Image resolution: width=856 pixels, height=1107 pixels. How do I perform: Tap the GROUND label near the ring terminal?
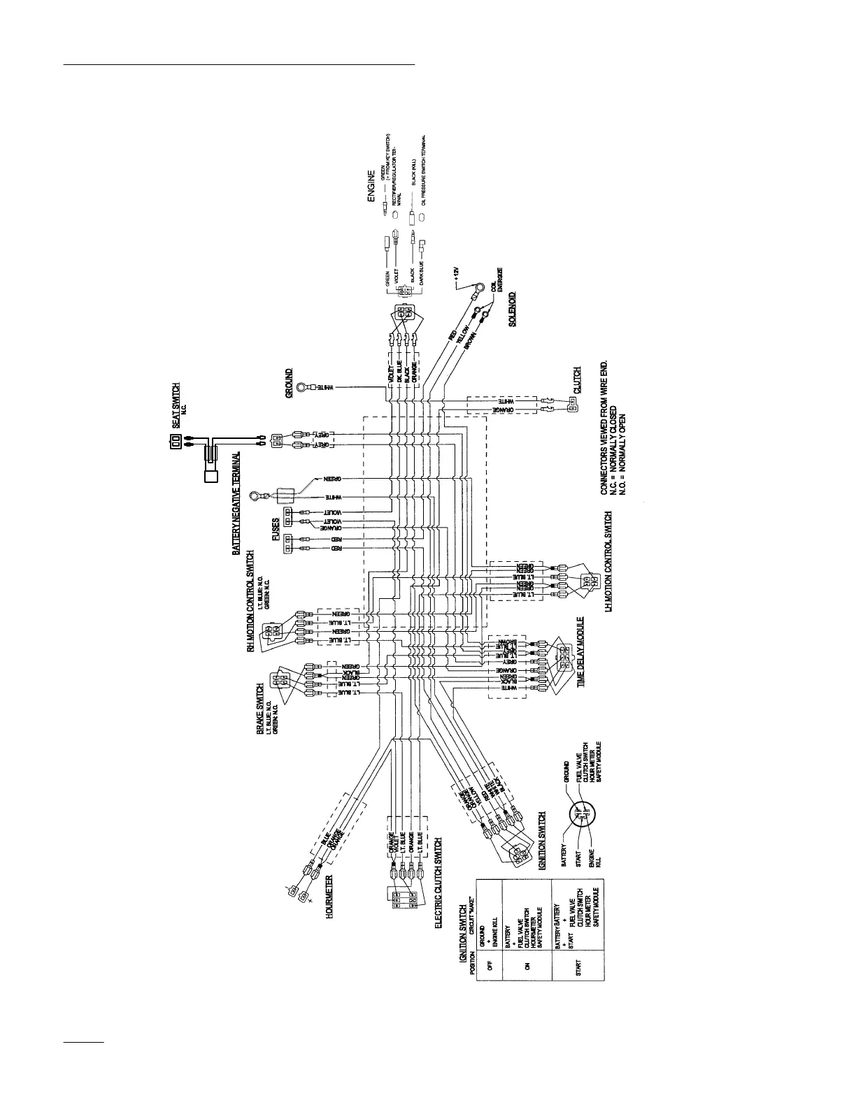(289, 384)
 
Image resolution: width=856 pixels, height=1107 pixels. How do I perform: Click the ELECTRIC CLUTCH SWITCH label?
(438, 882)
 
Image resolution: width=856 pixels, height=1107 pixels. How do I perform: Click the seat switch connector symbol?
(176, 442)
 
